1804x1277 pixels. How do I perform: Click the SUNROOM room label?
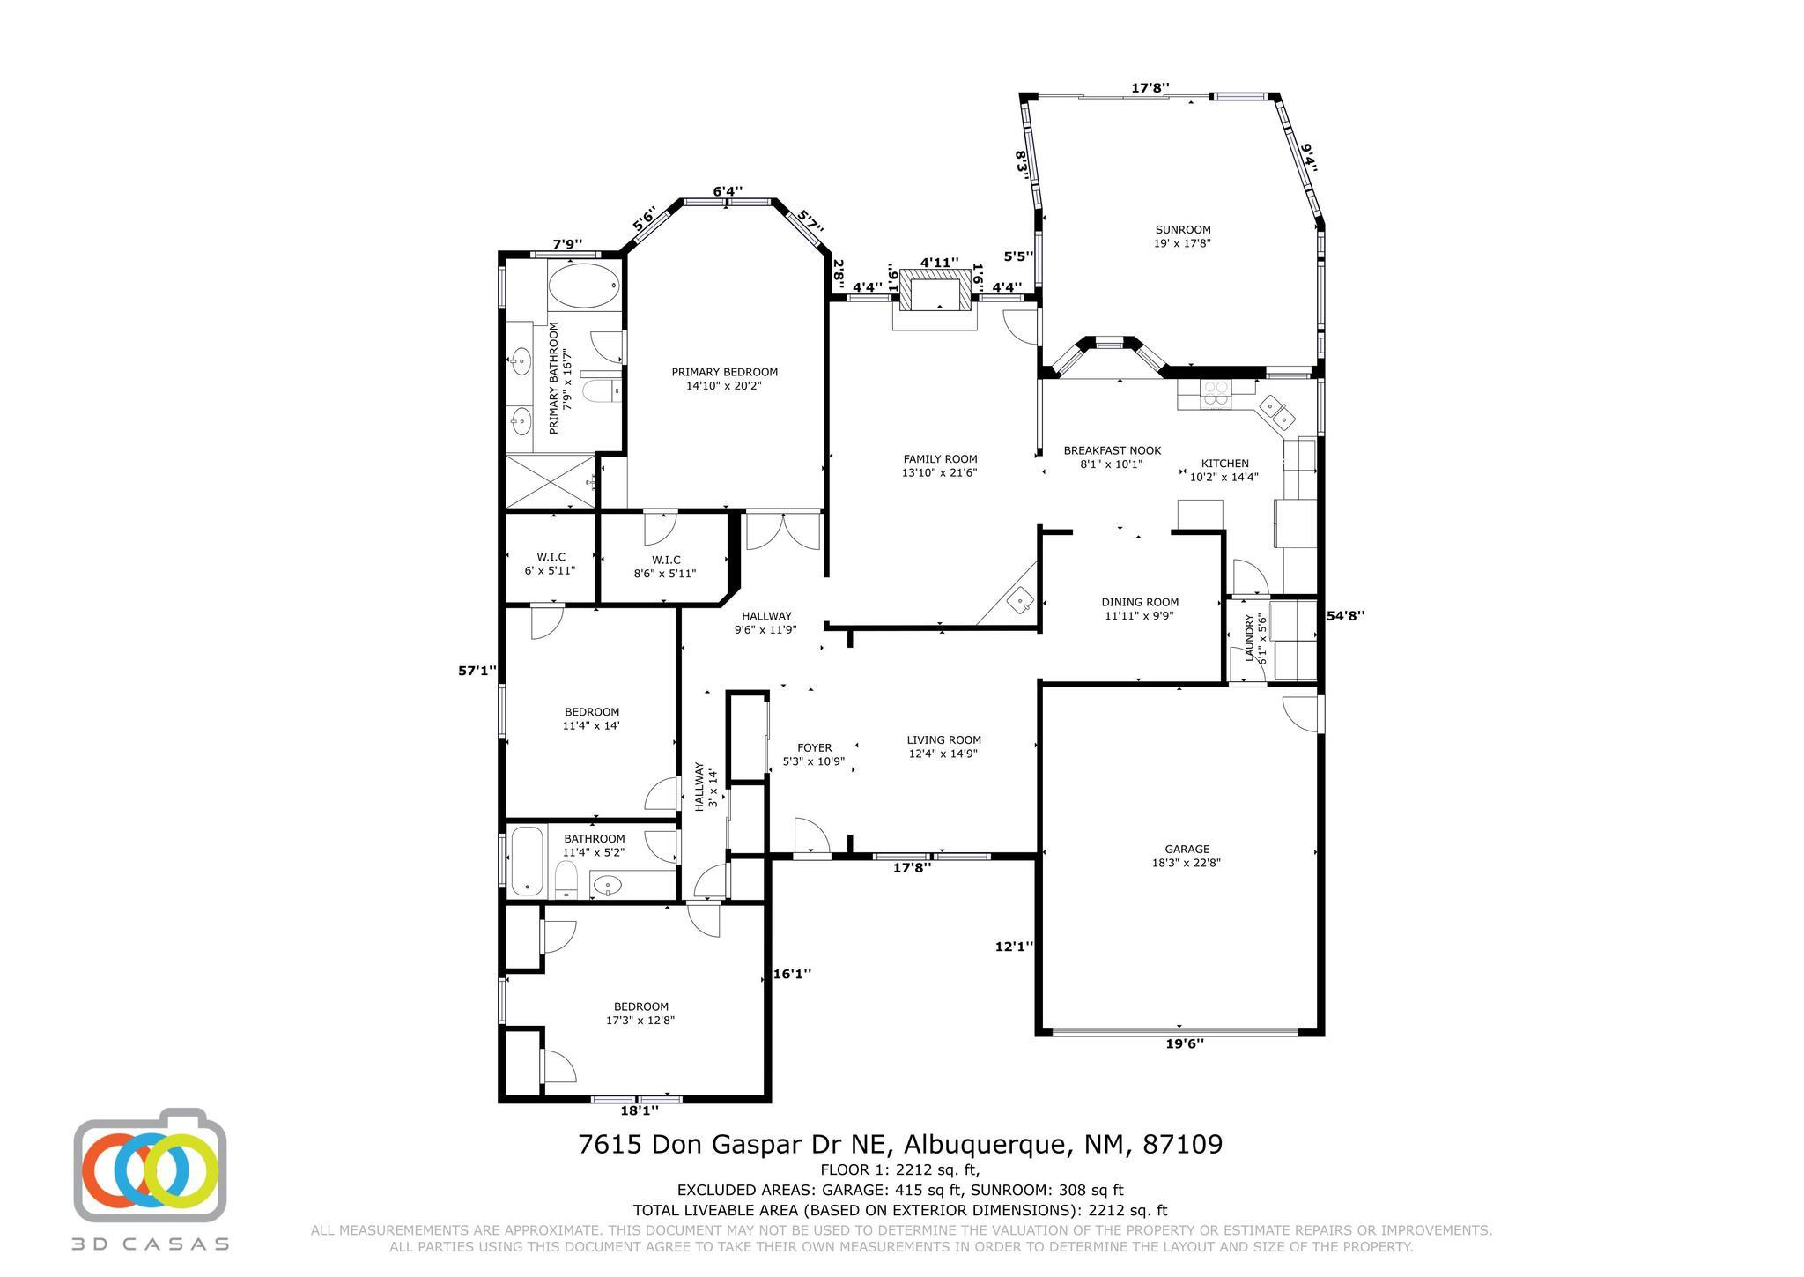[1183, 230]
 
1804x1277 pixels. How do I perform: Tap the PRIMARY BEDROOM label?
[725, 372]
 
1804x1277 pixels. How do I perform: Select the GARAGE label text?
[1187, 850]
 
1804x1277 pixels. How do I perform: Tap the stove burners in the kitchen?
[1216, 394]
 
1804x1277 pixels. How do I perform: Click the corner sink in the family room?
[1022, 599]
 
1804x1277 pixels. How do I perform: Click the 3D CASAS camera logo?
[150, 1165]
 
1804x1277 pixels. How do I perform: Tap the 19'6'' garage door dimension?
[1185, 1044]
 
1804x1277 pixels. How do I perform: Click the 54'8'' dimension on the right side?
[1346, 616]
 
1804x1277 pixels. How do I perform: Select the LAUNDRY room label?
[1249, 639]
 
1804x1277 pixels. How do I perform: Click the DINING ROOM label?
[1140, 603]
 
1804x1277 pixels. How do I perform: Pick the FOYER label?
[814, 748]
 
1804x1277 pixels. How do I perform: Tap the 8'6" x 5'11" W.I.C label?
[665, 574]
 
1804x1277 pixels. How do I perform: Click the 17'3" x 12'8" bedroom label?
[640, 1021]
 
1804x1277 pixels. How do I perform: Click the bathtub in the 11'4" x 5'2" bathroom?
[527, 861]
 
